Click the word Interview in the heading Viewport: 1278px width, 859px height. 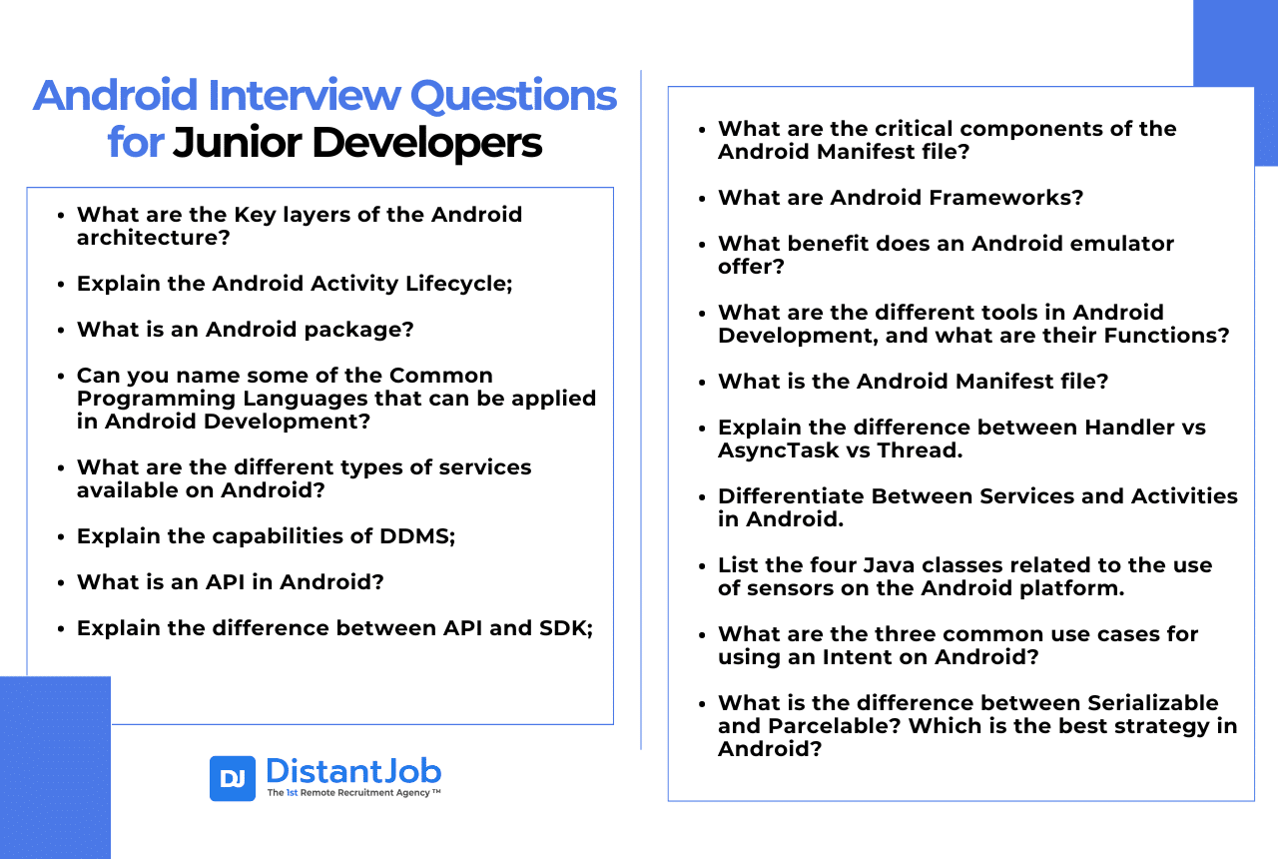tap(305, 95)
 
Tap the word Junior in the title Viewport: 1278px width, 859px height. tap(237, 143)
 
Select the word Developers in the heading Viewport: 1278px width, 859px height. tap(426, 143)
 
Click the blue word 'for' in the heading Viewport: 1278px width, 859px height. tap(136, 142)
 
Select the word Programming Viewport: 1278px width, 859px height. tap(156, 399)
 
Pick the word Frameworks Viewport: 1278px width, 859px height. tap(1005, 198)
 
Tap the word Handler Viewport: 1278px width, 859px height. tap(1125, 428)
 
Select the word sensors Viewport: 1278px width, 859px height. tap(790, 588)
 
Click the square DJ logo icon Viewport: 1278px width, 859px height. tap(233, 778)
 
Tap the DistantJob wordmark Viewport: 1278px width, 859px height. tap(353, 771)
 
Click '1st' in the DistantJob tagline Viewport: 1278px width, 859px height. tap(292, 793)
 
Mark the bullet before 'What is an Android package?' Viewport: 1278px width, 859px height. tap(61, 331)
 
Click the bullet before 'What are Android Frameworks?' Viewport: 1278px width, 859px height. tap(702, 199)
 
